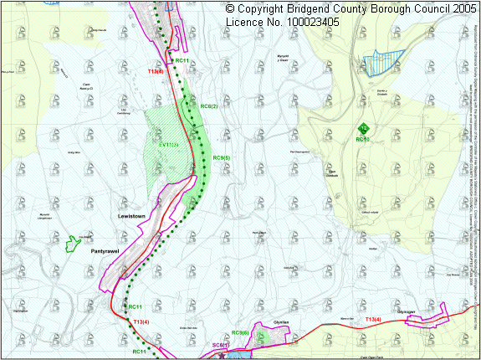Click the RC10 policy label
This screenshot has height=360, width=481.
pos(362,139)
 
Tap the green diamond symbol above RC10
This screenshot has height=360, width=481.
pos(364,128)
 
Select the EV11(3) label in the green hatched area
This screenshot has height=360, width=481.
pos(168,145)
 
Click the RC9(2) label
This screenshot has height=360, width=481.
pos(209,106)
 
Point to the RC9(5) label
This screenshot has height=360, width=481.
pos(222,157)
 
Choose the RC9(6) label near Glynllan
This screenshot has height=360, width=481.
pos(240,333)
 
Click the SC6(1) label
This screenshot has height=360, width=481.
pos(220,345)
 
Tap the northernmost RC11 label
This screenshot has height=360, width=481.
pos(182,60)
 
